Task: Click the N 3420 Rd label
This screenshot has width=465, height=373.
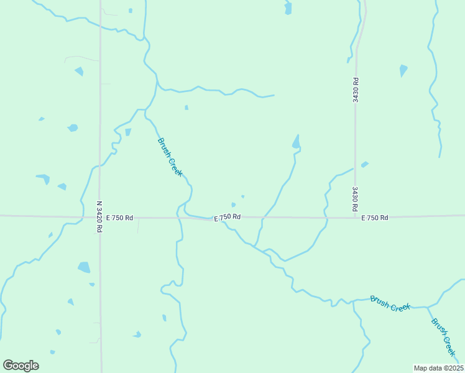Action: (x=99, y=216)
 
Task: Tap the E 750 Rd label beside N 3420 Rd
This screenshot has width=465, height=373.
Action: (x=119, y=218)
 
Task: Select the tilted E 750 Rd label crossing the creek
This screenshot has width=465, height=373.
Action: (x=228, y=217)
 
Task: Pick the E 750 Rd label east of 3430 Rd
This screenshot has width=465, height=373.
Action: (x=374, y=218)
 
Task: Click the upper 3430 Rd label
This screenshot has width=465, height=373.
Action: (x=355, y=90)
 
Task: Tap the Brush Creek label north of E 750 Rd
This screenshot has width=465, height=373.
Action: (x=170, y=157)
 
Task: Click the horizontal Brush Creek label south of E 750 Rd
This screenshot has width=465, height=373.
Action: (x=390, y=303)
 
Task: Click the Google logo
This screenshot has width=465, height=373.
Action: (x=21, y=366)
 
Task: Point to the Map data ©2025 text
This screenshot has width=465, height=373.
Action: (x=438, y=368)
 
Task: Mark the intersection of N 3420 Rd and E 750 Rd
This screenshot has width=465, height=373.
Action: (x=100, y=217)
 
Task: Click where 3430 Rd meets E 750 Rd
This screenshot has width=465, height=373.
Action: (x=356, y=218)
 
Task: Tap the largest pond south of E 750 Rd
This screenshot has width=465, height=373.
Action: (x=84, y=267)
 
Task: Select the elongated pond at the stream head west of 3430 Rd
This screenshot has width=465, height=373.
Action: (x=297, y=142)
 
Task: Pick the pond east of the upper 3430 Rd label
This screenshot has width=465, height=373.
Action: (x=403, y=70)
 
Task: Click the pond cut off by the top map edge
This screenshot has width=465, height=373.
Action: (x=288, y=7)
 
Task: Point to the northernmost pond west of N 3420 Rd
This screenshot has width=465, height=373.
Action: (x=79, y=71)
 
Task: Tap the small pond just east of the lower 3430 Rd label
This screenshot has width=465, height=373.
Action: (x=365, y=164)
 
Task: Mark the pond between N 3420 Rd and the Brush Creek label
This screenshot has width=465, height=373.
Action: (x=128, y=132)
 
